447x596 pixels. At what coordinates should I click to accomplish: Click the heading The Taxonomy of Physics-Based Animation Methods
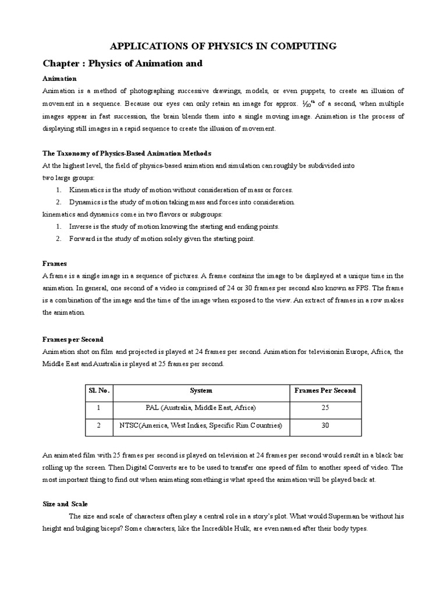click(127, 153)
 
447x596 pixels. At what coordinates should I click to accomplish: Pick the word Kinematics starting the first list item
click(87, 190)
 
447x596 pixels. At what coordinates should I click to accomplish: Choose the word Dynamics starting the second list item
click(86, 202)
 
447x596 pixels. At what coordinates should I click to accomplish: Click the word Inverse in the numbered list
click(81, 226)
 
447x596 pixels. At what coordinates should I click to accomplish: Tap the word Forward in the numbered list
click(82, 239)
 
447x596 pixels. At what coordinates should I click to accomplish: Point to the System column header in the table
click(201, 391)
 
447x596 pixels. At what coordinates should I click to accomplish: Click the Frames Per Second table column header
click(325, 391)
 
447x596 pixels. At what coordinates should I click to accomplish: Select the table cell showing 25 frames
click(325, 407)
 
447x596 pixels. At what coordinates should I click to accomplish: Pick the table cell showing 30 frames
click(325, 426)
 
